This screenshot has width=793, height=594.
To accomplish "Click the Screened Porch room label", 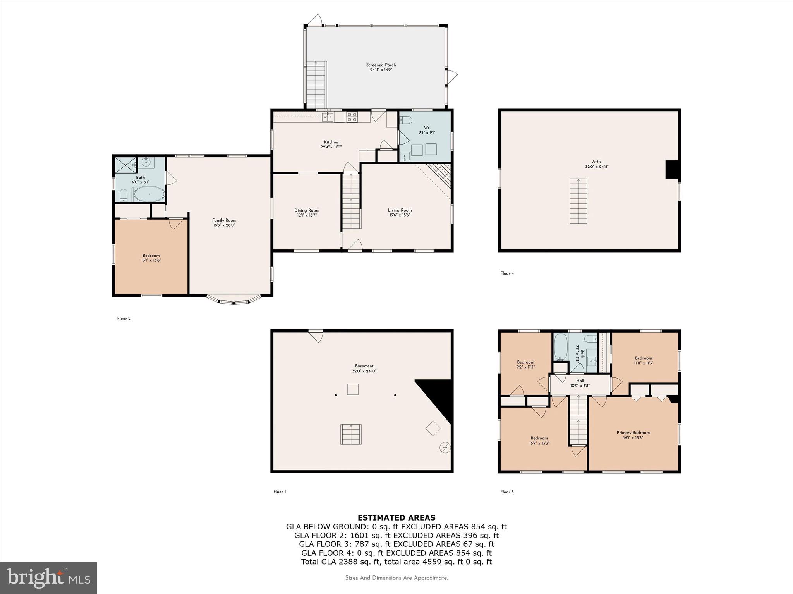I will point(381,65).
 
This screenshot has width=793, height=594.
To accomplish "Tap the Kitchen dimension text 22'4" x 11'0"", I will point(331,147).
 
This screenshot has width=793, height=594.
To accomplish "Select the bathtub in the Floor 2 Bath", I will point(149,194).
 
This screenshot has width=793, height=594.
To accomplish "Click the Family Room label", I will point(224,220).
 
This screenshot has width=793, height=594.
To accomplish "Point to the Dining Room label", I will point(307,210).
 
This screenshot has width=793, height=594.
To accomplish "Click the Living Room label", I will point(400,210).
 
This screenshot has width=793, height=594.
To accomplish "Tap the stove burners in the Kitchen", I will point(352,117).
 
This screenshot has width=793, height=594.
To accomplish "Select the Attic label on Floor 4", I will point(596,162).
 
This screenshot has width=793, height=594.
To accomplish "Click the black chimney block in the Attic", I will point(672,169).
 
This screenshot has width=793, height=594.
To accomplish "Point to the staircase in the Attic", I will point(578,201).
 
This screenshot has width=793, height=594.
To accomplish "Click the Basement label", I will point(364,366).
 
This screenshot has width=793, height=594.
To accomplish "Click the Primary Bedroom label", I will point(633,432).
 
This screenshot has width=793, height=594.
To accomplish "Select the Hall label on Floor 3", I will point(580,381).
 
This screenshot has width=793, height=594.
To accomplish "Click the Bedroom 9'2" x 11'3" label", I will point(525,362).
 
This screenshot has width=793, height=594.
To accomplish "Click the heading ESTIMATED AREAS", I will point(396,517).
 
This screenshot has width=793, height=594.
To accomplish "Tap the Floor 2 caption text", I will point(124,319).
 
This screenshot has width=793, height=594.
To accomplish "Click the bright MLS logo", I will point(48,578).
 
